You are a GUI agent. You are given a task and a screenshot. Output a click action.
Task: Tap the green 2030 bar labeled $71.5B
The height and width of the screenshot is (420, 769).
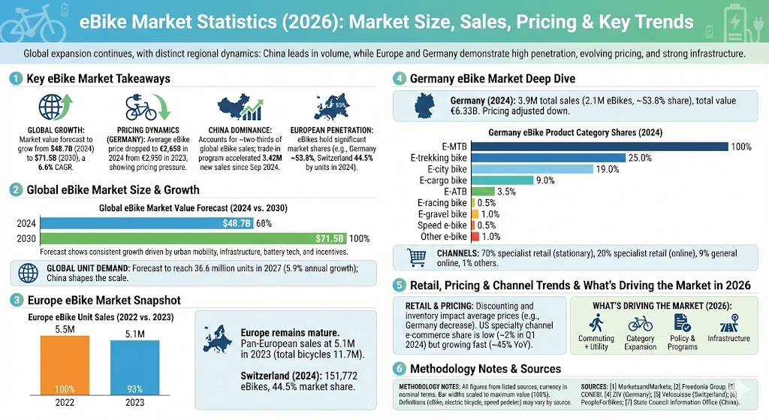pos(194,238)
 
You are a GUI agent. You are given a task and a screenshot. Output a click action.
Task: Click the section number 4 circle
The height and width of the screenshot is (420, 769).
pos(400,79)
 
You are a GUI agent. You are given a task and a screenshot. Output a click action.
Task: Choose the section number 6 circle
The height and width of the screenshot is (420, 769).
pos(400,369)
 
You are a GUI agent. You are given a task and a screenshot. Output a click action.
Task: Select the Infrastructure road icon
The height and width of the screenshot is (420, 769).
pos(727,322)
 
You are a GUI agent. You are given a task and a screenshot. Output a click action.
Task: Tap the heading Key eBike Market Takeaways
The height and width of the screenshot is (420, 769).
pos(98,79)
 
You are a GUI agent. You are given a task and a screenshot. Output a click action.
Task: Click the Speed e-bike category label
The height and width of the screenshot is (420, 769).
pos(441,225)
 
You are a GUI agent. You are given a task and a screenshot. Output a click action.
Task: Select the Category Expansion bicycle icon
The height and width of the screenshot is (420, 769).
pos(639,323)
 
